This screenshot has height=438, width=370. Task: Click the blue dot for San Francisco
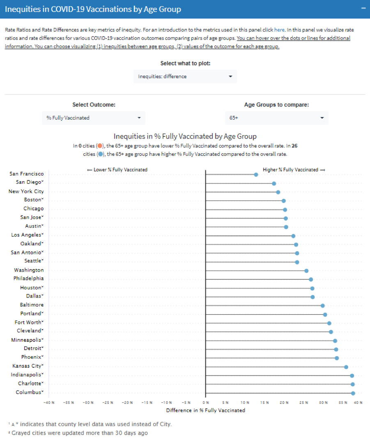tap(256, 175)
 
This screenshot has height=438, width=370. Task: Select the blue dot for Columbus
tap(353, 393)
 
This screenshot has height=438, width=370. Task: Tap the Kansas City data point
tap(346, 367)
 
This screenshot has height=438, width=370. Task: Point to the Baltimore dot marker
tap(323, 306)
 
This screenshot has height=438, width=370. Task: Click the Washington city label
tap(29, 270)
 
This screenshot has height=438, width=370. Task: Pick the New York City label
tap(26, 191)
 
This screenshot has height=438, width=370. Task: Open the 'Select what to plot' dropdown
tap(185, 76)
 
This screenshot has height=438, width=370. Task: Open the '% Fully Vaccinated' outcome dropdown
tap(93, 118)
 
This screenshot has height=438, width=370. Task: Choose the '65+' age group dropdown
tap(276, 118)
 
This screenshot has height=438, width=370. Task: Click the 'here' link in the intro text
tap(279, 30)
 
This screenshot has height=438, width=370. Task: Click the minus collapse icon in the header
tap(363, 9)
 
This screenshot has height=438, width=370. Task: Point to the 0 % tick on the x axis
tap(206, 403)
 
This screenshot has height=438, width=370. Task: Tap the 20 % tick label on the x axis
tap(284, 403)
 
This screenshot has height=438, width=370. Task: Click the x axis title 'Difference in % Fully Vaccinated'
tap(205, 410)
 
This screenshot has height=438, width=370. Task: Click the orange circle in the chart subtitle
tap(100, 146)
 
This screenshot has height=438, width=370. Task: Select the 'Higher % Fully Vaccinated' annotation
tap(294, 170)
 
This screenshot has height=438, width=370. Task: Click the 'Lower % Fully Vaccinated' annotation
tap(117, 170)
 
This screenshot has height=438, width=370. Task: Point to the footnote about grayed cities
tap(78, 433)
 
